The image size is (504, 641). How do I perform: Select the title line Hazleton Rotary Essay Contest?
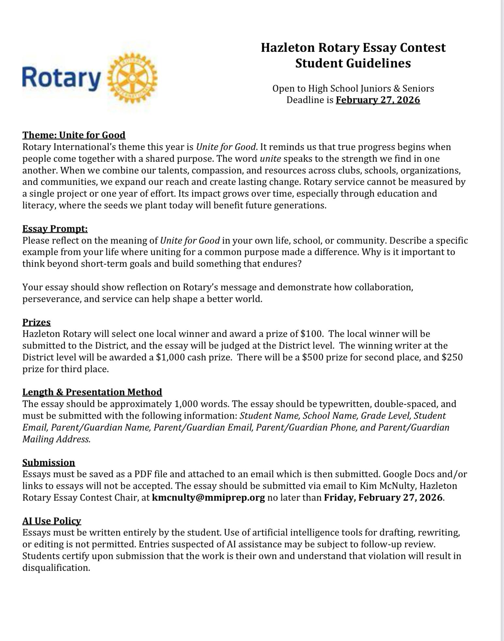tap(353, 48)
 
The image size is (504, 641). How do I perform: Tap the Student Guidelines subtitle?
tap(353, 63)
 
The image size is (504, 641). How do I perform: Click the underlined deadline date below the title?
tap(378, 100)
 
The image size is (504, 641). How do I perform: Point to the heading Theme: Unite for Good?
tap(74, 135)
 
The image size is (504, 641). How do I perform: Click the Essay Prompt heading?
tap(55, 229)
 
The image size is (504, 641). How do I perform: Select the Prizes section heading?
tap(37, 322)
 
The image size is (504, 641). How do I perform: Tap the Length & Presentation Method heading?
tap(92, 392)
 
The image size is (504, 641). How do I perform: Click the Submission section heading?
tap(49, 463)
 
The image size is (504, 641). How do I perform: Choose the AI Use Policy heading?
tap(52, 521)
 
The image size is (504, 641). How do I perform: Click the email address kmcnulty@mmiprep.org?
tap(208, 498)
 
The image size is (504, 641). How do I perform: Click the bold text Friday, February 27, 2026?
tap(383, 498)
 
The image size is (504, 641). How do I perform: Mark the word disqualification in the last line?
tap(56, 568)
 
